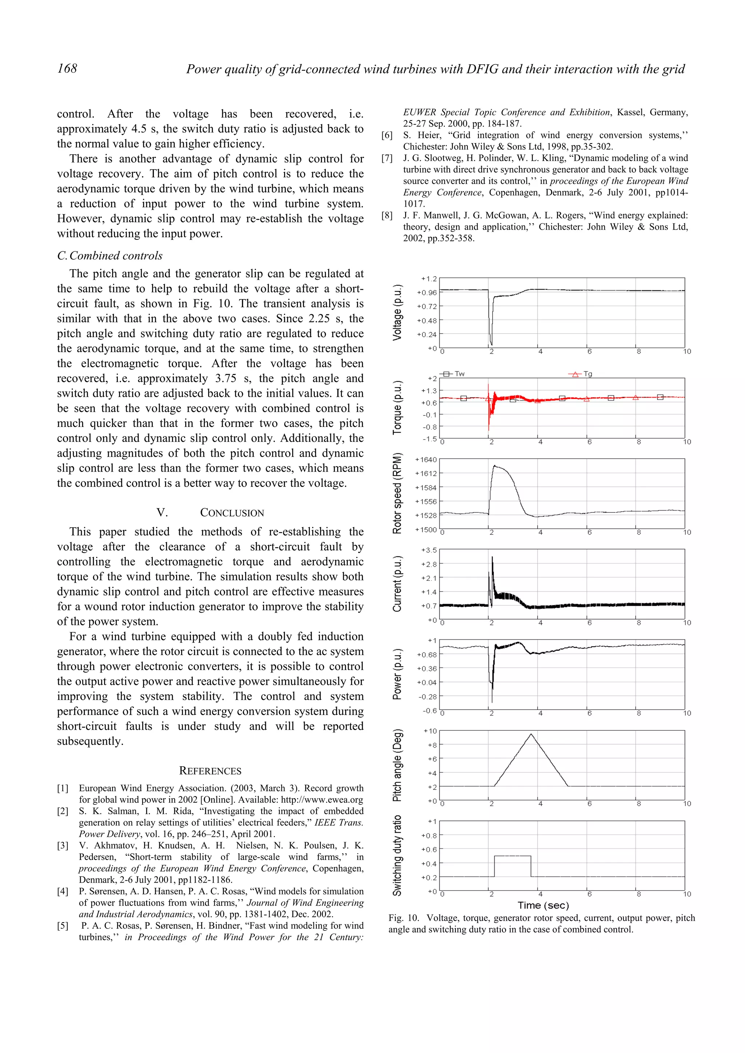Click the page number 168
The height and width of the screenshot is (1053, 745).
pos(67,68)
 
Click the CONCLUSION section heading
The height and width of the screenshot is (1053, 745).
pos(232,513)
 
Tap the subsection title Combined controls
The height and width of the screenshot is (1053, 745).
pos(110,255)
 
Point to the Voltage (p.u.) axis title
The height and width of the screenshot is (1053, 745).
pos(397,312)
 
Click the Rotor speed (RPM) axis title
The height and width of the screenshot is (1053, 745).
pos(397,493)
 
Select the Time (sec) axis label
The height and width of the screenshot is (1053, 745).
pos(543,905)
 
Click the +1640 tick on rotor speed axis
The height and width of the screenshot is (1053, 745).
pos(426,460)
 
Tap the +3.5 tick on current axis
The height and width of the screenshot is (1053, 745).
pos(429,550)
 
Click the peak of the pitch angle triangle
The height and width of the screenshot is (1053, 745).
pos(531,734)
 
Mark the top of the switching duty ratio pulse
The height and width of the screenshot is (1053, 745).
pos(512,856)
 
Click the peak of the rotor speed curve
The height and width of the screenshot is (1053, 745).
pos(494,466)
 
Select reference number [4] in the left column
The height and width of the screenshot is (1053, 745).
pos(63,891)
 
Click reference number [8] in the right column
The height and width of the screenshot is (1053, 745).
pos(387,215)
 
